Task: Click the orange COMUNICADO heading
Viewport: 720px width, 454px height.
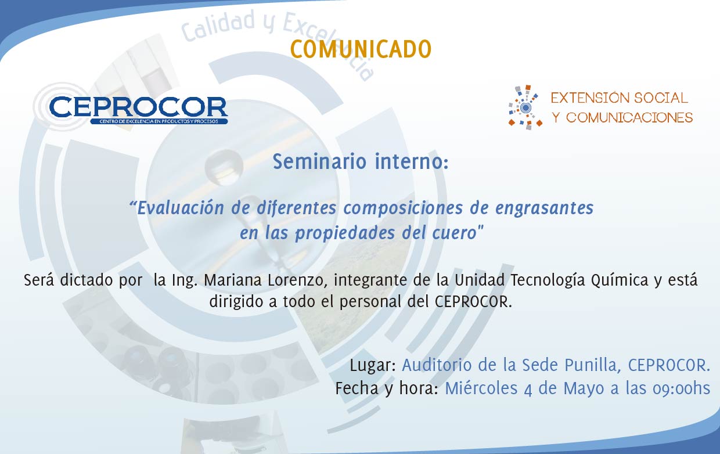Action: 361,49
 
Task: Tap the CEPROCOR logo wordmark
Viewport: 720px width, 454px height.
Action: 139,107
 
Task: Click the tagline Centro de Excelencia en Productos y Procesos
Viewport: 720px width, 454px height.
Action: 159,121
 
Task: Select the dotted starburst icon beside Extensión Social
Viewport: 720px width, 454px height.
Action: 525,107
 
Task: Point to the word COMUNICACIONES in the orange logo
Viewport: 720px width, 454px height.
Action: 629,118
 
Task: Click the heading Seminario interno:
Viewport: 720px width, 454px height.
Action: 361,161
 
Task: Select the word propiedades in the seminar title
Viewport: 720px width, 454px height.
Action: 345,233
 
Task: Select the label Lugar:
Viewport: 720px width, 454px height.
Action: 373,366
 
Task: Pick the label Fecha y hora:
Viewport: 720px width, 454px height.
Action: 387,388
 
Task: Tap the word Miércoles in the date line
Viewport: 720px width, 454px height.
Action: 481,388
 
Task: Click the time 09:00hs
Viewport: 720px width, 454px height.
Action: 681,388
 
